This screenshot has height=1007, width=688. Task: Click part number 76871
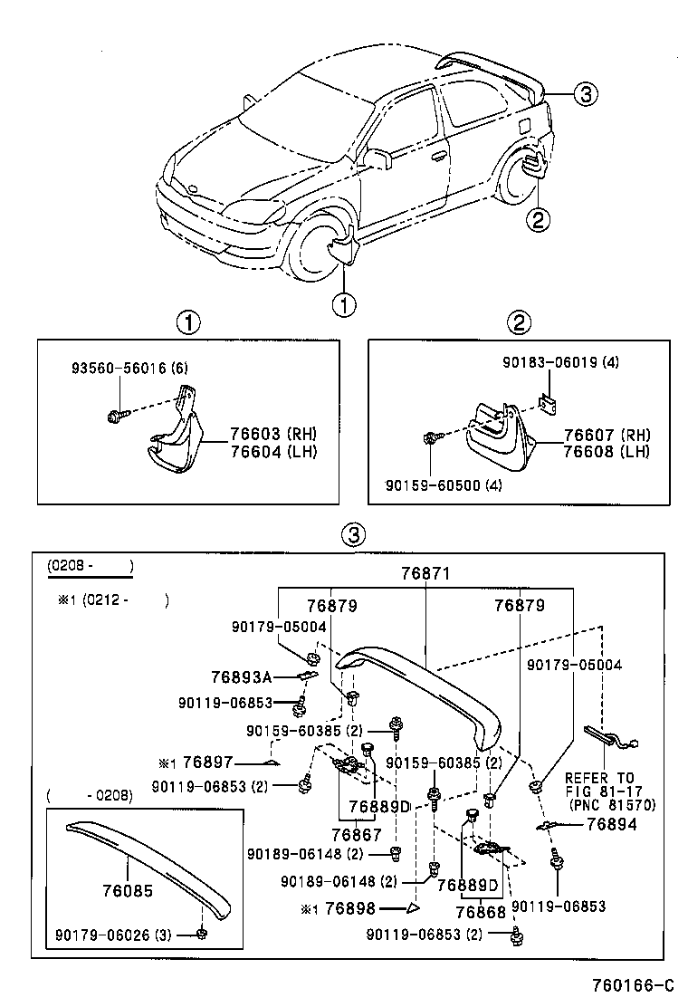(425, 574)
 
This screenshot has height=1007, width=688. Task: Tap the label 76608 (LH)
(606, 450)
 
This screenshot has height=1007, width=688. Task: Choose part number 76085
(128, 891)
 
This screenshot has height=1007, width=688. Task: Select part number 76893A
(241, 676)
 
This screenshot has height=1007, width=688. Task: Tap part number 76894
(612, 824)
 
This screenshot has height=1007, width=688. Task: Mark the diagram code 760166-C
(632, 985)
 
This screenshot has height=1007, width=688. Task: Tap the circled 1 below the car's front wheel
(345, 304)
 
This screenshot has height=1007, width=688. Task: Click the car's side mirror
(379, 158)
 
